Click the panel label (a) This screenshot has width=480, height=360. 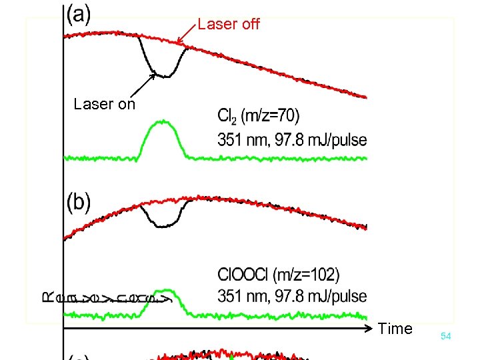[x=80, y=15]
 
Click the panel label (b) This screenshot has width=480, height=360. [x=79, y=202]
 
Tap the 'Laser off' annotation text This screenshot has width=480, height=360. [x=229, y=25]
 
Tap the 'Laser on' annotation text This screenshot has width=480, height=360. [x=104, y=104]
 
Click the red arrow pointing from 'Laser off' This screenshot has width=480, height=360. [x=187, y=35]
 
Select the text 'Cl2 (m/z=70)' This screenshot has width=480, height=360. [x=258, y=117]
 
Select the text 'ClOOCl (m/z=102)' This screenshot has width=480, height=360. [x=278, y=275]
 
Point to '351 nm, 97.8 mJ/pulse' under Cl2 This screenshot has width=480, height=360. [x=292, y=140]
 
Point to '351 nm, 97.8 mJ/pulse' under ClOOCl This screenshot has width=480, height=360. [x=292, y=295]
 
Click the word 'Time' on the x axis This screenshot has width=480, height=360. [x=395, y=328]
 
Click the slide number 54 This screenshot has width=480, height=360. [x=445, y=337]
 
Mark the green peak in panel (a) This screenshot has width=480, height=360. [x=161, y=123]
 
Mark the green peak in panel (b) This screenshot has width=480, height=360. [x=163, y=291]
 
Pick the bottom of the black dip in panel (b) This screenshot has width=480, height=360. [x=163, y=226]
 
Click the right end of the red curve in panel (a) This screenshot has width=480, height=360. [x=365, y=97]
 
